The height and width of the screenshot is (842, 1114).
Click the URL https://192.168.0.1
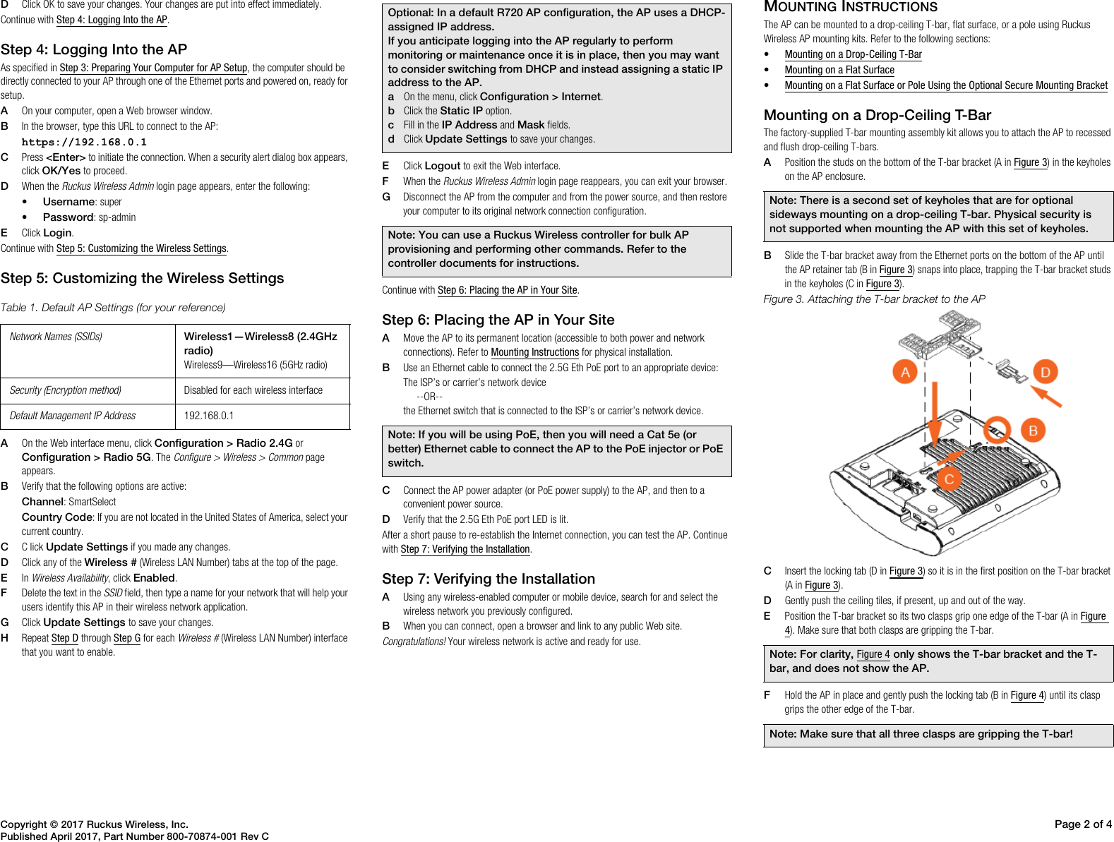pos(84,142)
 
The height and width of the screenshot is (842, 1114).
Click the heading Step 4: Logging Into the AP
pos(94,49)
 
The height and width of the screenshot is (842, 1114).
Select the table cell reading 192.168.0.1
pos(209,416)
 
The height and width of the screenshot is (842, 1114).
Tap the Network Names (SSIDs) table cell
pos(56,337)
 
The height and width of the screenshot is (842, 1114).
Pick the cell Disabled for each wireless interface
pos(253,390)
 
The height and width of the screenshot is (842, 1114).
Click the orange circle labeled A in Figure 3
pos(905,372)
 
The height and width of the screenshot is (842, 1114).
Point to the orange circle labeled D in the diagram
pos(1046,372)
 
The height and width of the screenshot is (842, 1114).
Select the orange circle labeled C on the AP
pos(949,479)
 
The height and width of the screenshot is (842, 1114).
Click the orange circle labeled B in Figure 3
pos(1033,431)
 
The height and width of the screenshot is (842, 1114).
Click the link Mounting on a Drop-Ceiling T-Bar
pos(853,54)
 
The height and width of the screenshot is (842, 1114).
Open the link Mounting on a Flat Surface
pos(839,70)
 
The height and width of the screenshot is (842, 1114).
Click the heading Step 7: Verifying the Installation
pos(489,579)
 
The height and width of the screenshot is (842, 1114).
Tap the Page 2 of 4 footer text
pos(1082,824)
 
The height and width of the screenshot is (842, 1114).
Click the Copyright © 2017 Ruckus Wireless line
pos(95,824)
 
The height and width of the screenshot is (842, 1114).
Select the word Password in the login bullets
pos(68,217)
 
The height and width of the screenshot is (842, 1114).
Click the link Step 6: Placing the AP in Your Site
pos(507,290)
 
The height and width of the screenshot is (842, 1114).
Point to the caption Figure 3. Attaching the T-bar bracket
pos(874,299)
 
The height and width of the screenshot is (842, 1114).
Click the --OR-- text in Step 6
pos(429,397)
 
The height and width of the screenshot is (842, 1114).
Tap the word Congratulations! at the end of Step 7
pos(414,642)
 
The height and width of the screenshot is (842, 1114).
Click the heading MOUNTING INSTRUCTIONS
pos(851,7)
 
